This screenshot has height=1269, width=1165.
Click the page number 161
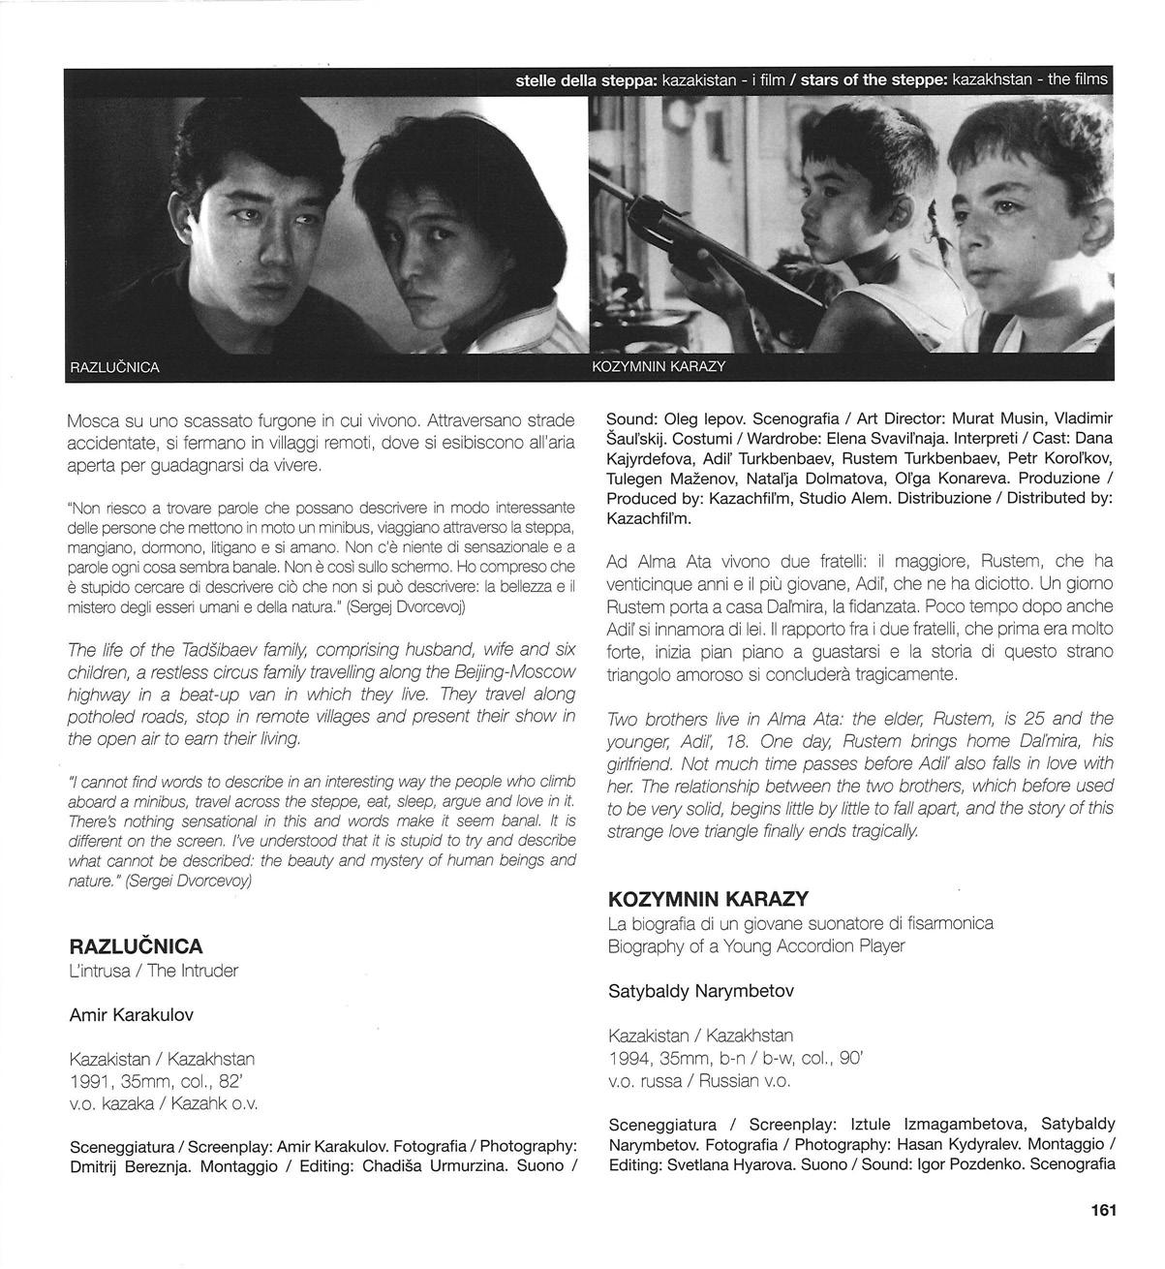[1103, 1210]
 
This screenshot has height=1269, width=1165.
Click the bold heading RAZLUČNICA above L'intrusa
[137, 946]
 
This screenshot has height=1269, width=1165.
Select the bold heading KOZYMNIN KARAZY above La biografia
[708, 899]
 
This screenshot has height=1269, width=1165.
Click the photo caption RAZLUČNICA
[115, 368]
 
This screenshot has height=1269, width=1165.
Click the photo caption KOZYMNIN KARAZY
[659, 368]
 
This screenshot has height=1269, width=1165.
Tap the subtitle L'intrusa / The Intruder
[154, 971]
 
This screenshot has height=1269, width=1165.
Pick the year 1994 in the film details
[629, 1059]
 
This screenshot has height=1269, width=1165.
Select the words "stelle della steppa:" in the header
[586, 79]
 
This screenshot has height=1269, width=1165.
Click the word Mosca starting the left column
[95, 421]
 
